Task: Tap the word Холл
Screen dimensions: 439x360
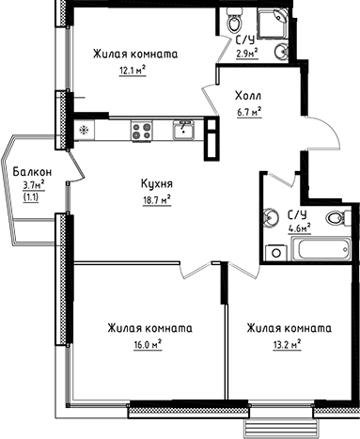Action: pos(248,95)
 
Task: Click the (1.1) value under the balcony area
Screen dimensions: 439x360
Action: pos(31,198)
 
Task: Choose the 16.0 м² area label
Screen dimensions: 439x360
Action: pos(148,345)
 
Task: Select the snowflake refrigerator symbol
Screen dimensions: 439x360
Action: pos(84,130)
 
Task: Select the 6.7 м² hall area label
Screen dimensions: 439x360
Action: pos(248,110)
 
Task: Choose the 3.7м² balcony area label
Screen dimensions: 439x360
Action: pos(32,186)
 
